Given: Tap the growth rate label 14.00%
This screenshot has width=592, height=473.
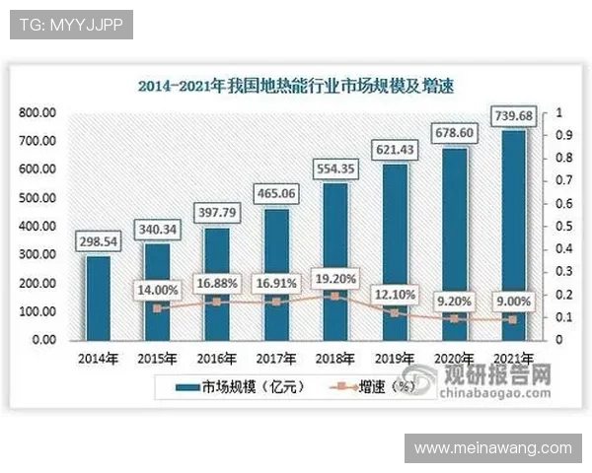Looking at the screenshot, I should [x=157, y=291].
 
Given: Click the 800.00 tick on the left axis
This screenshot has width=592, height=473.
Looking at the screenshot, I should [x=37, y=113].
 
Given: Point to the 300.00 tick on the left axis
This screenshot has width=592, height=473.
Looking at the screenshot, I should [x=37, y=255].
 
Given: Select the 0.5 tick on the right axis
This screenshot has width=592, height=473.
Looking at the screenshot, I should [x=561, y=227].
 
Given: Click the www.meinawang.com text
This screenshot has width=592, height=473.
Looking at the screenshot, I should [x=492, y=448].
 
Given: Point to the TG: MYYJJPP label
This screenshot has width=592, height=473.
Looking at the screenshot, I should [x=70, y=25].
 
